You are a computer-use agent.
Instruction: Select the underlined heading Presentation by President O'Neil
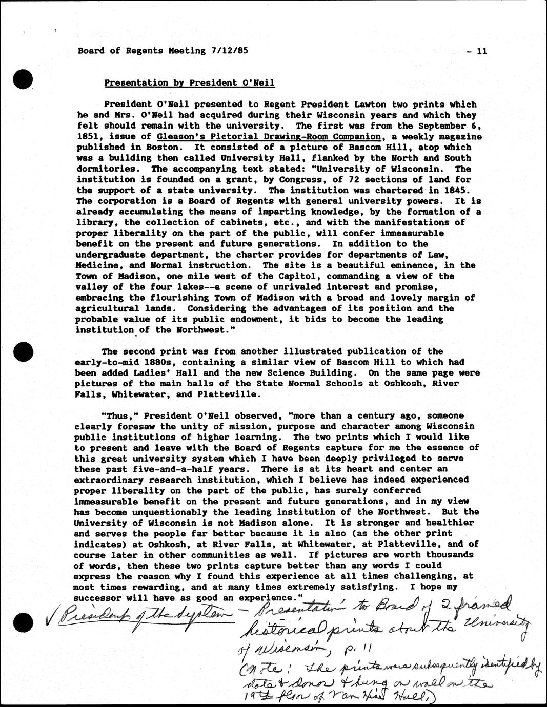click(190, 83)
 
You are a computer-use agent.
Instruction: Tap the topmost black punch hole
click(24, 79)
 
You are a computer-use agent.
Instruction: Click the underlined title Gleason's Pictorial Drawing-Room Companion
click(270, 137)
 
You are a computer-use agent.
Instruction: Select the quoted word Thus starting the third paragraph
click(117, 416)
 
